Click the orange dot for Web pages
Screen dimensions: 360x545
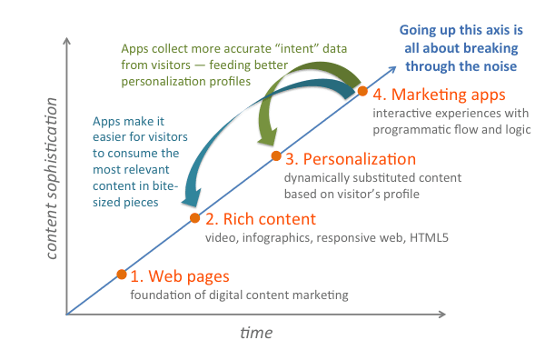pyautogui.click(x=121, y=274)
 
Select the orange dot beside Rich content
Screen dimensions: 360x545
pyautogui.click(x=195, y=218)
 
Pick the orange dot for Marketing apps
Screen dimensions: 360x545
pyautogui.click(x=362, y=91)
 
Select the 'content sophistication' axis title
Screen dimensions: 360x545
pyautogui.click(x=39, y=181)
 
